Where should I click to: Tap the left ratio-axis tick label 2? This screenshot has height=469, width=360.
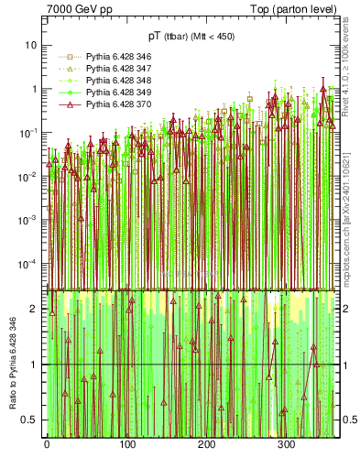point(37,309)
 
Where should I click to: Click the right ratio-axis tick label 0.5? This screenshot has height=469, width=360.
point(346,420)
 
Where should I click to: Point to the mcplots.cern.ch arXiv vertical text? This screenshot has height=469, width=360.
point(348,211)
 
